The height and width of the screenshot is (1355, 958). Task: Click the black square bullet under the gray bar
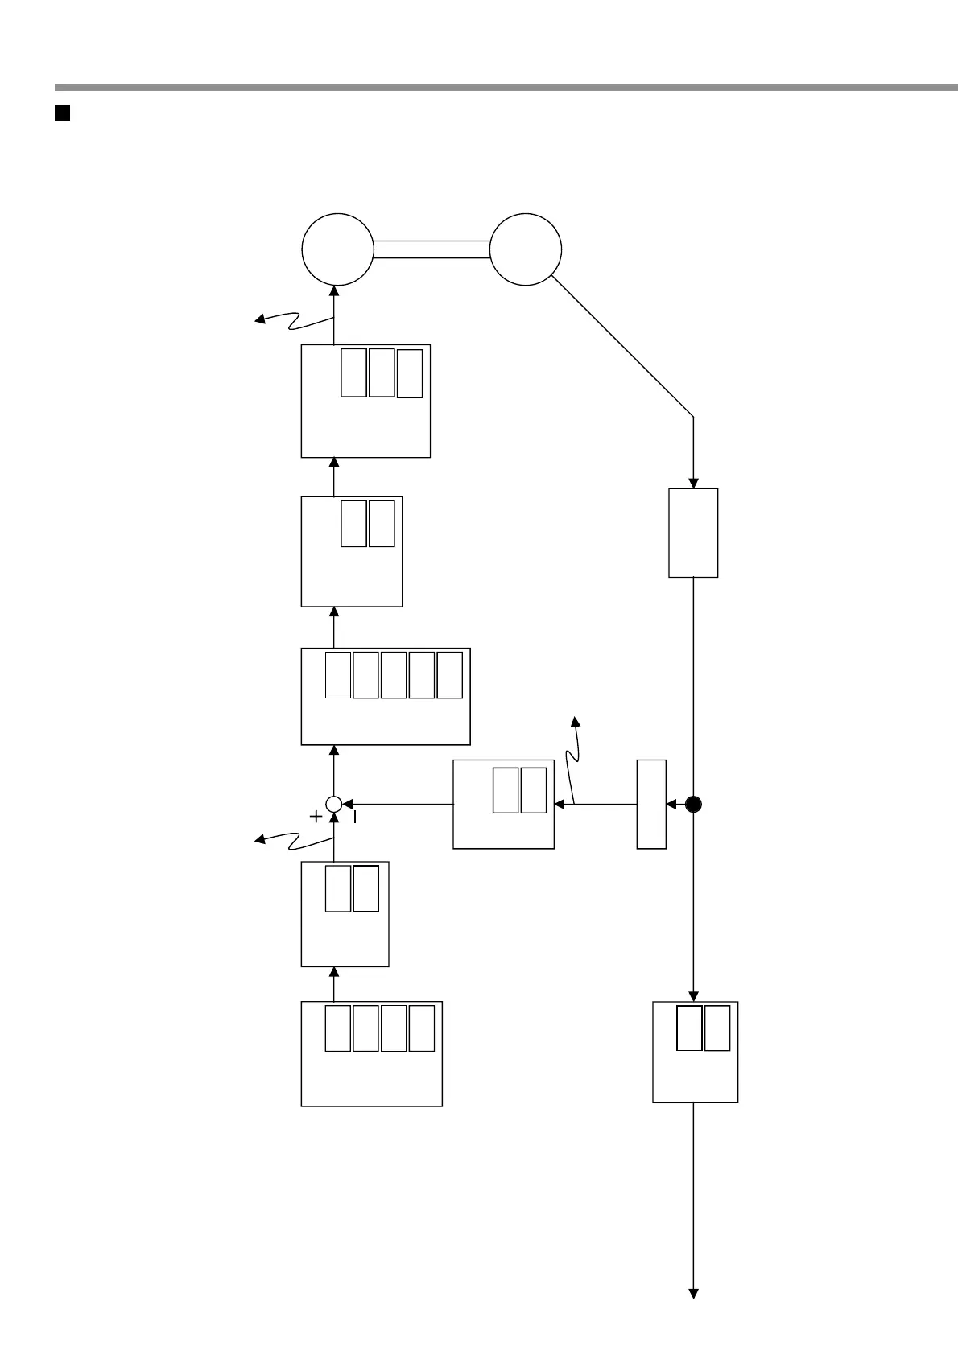63,113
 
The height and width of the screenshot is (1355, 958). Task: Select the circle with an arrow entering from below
337,249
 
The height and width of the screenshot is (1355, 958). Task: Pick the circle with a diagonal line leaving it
526,249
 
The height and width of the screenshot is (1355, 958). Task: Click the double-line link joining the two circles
432,249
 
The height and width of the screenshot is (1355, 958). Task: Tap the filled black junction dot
693,804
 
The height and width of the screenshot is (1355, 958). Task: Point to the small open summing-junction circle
334,803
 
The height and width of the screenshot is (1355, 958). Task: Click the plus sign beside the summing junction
316,817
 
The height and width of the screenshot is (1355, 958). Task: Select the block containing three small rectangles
365,402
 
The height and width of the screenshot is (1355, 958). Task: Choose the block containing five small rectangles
385,697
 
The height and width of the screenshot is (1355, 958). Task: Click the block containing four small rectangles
371,1054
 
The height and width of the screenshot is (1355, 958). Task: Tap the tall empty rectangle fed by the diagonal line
693,533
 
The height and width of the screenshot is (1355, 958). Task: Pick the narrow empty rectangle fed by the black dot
651,804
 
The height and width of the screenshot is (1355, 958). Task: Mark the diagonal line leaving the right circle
621,347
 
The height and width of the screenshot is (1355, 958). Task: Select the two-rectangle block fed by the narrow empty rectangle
503,804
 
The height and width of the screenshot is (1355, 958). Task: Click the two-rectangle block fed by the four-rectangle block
345,914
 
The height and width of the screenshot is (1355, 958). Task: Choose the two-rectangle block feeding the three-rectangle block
351,551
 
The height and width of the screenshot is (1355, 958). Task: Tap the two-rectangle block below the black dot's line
695,1052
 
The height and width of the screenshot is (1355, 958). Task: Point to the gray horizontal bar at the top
506,87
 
